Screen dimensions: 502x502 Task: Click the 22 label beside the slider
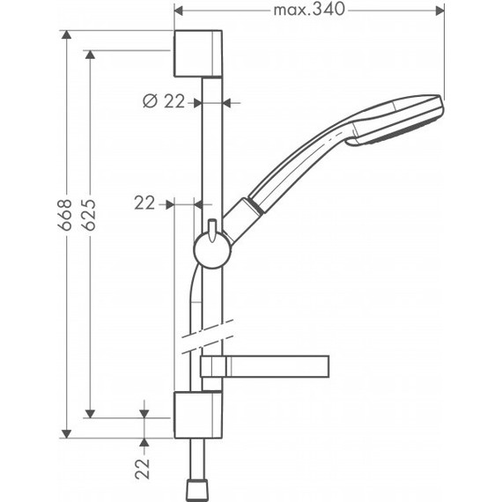click(145, 203)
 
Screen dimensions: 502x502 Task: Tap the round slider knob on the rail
click(212, 249)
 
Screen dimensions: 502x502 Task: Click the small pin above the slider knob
click(212, 225)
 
